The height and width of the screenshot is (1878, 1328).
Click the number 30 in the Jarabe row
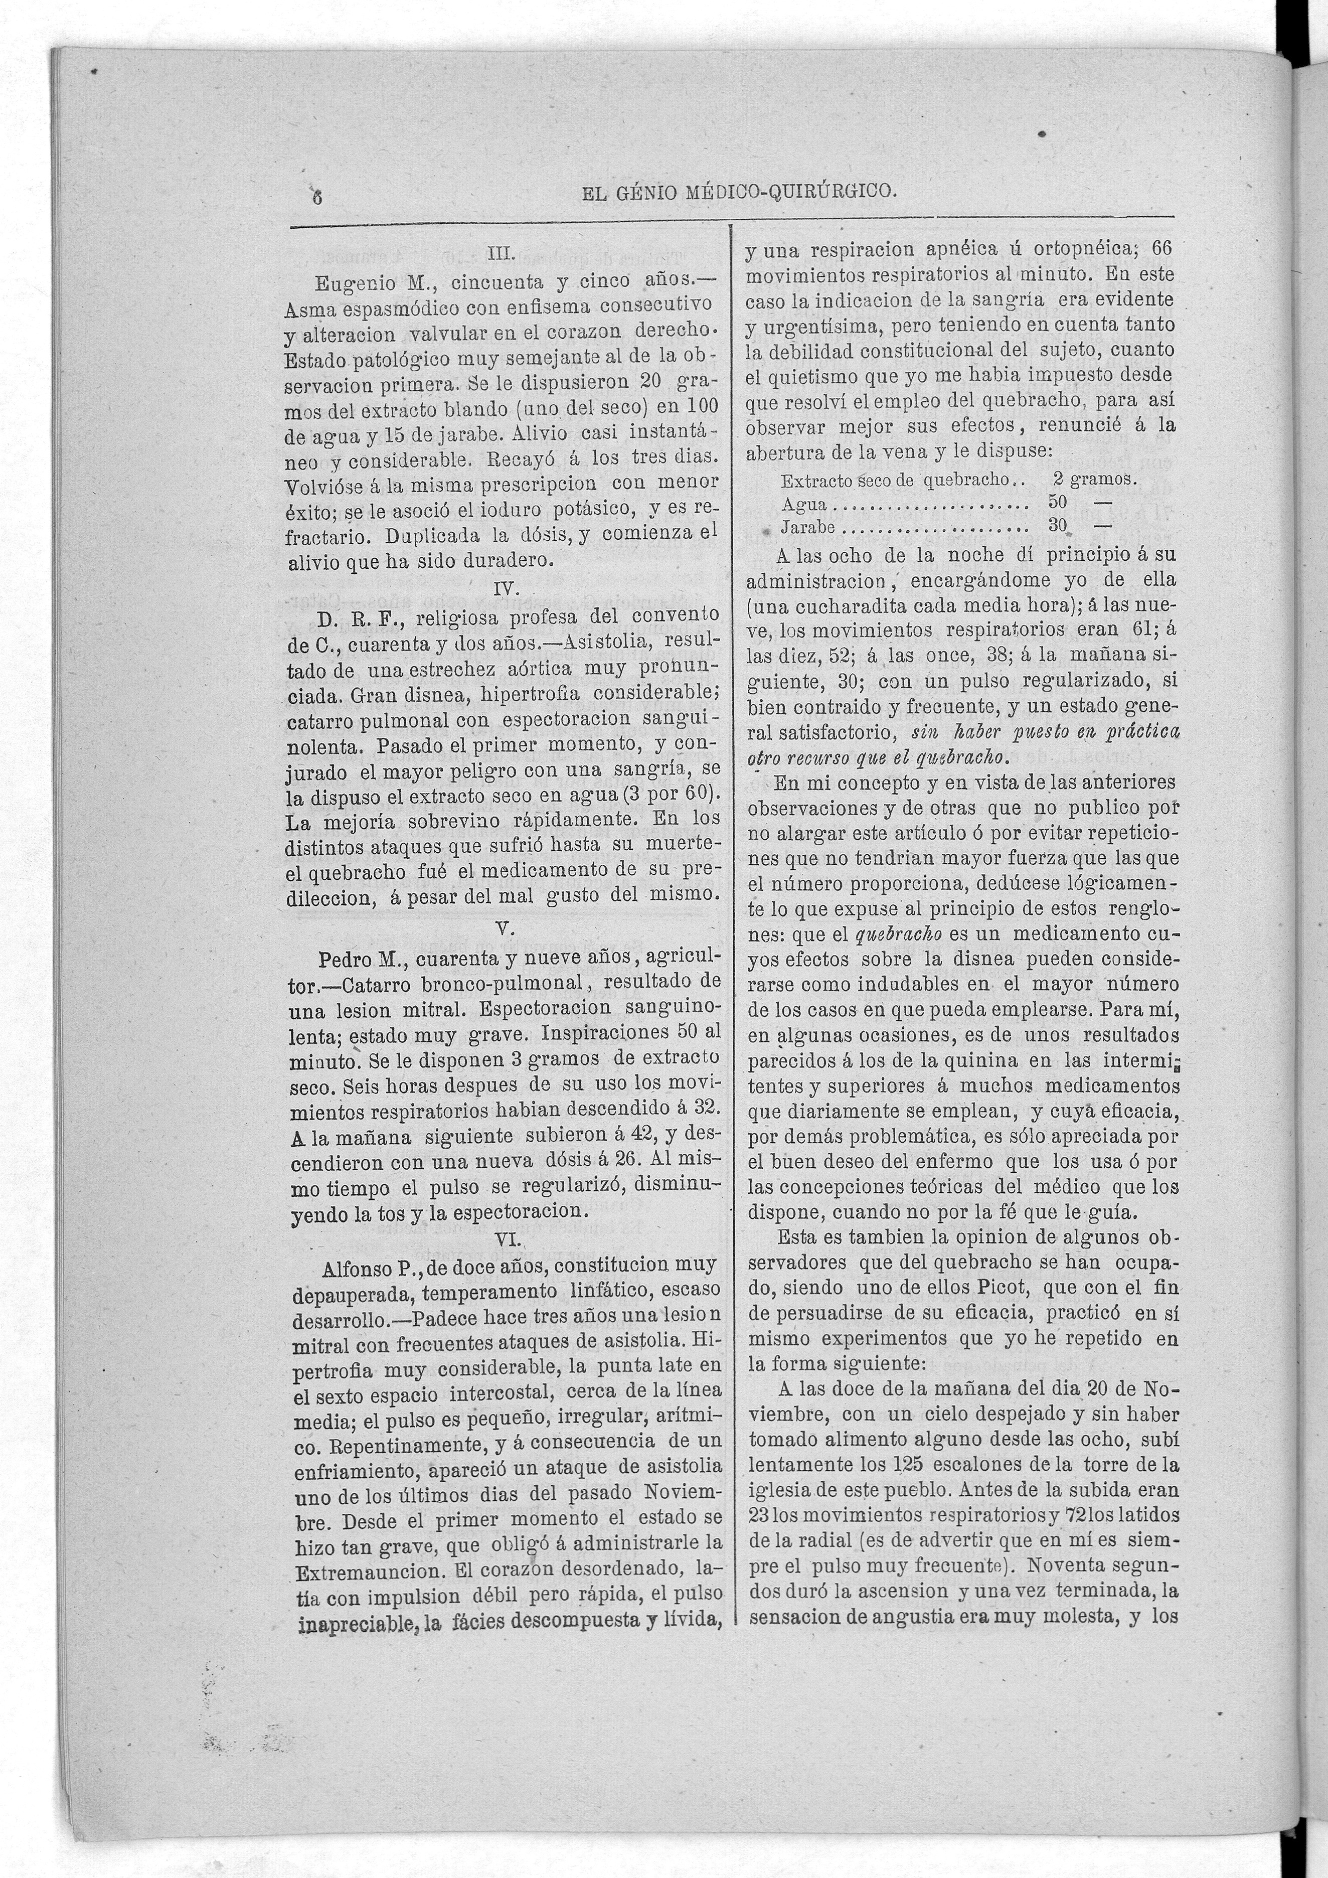1058,525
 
